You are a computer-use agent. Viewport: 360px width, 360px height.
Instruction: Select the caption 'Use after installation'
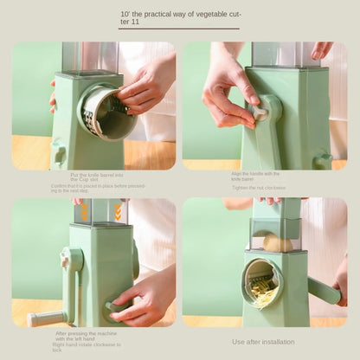click(263, 341)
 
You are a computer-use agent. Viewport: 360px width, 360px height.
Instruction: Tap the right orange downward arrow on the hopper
click(117, 211)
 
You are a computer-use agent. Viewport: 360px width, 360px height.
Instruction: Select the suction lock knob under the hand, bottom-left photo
click(113, 305)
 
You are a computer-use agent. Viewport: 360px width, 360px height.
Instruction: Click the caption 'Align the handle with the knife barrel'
click(255, 176)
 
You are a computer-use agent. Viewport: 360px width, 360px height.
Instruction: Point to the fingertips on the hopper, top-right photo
click(319, 49)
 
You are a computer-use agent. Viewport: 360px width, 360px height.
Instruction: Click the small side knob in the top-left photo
click(59, 154)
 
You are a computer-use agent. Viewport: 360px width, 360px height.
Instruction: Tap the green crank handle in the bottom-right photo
click(324, 290)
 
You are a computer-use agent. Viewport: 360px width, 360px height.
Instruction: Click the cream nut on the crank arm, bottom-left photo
click(65, 259)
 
